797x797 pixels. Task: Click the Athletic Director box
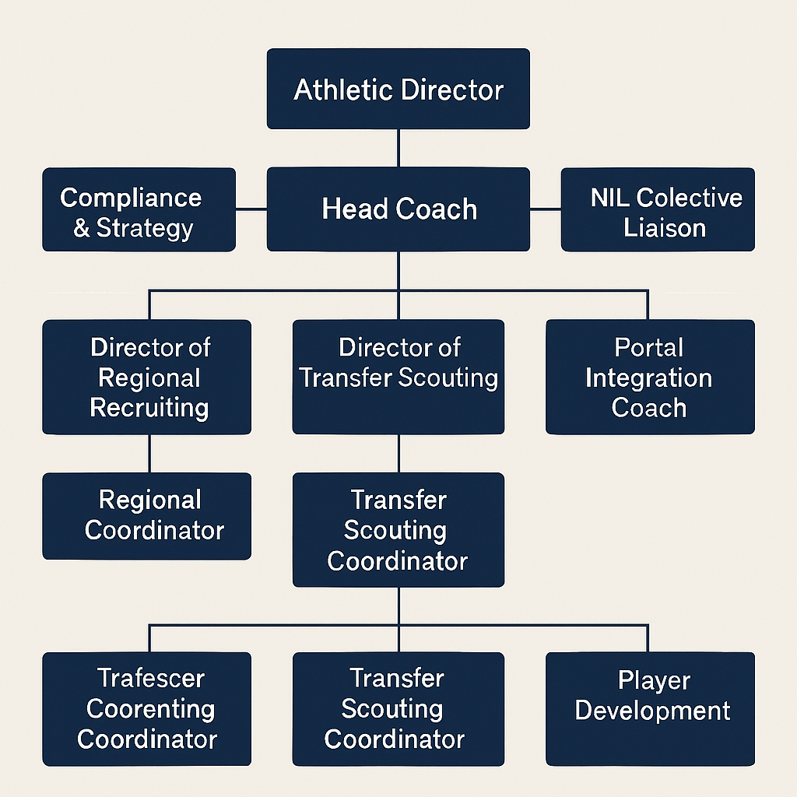point(398,89)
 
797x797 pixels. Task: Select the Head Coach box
point(398,209)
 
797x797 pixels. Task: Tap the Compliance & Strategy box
point(139,209)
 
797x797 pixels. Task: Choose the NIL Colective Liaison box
point(658,209)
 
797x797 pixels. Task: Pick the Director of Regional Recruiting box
point(146,377)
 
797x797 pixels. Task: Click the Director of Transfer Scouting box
point(398,377)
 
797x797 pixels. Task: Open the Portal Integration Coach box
point(650,377)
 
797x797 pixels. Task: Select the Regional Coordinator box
point(146,515)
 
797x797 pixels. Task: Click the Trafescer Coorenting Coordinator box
point(146,708)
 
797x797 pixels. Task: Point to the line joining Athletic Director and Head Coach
point(398,148)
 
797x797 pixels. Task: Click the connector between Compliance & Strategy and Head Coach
point(251,209)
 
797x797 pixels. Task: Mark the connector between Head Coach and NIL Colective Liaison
point(546,209)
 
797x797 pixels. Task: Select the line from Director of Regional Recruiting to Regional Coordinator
point(149,453)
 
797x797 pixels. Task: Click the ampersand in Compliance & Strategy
point(82,228)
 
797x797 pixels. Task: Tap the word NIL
point(609,198)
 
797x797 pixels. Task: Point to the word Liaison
point(665,228)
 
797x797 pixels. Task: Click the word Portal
point(648,347)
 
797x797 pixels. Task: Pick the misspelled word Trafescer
point(140,678)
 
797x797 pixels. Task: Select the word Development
point(652,711)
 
